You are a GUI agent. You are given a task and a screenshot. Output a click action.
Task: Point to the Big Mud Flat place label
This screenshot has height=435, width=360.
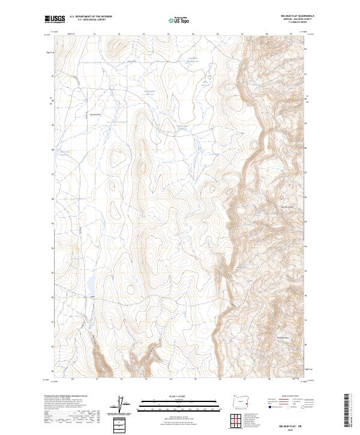(x=95, y=114)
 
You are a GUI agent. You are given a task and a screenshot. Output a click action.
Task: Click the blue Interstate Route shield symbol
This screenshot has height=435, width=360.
(x=265, y=407)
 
